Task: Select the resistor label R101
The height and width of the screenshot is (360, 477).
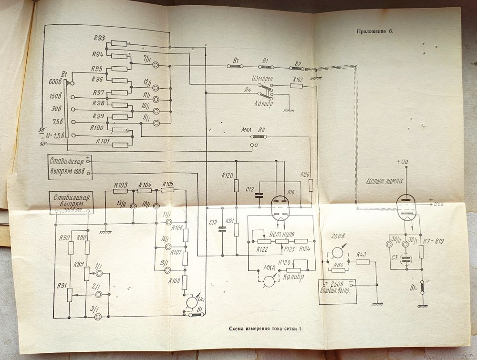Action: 103,141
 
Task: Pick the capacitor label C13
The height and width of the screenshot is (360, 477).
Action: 213,222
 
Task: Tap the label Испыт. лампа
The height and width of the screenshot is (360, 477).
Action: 384,181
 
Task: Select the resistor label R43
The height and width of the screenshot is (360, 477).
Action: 362,254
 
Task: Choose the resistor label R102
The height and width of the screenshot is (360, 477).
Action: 297,80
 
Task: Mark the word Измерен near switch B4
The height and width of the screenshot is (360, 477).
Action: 262,78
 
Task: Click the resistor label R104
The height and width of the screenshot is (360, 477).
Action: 145,185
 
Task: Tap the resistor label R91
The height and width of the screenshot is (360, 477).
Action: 60,286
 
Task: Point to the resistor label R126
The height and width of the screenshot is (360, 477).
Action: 305,174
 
